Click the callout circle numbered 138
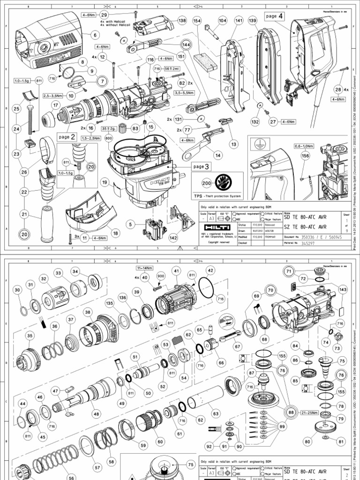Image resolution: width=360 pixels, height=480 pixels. point(182,21)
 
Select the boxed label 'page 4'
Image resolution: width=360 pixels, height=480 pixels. point(275,16)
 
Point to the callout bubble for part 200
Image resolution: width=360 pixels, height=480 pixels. point(205,183)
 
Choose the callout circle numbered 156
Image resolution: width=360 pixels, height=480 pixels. point(305,157)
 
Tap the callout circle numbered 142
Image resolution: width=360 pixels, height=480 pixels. point(173,238)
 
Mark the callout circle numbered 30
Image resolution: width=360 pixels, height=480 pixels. point(18,291)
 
